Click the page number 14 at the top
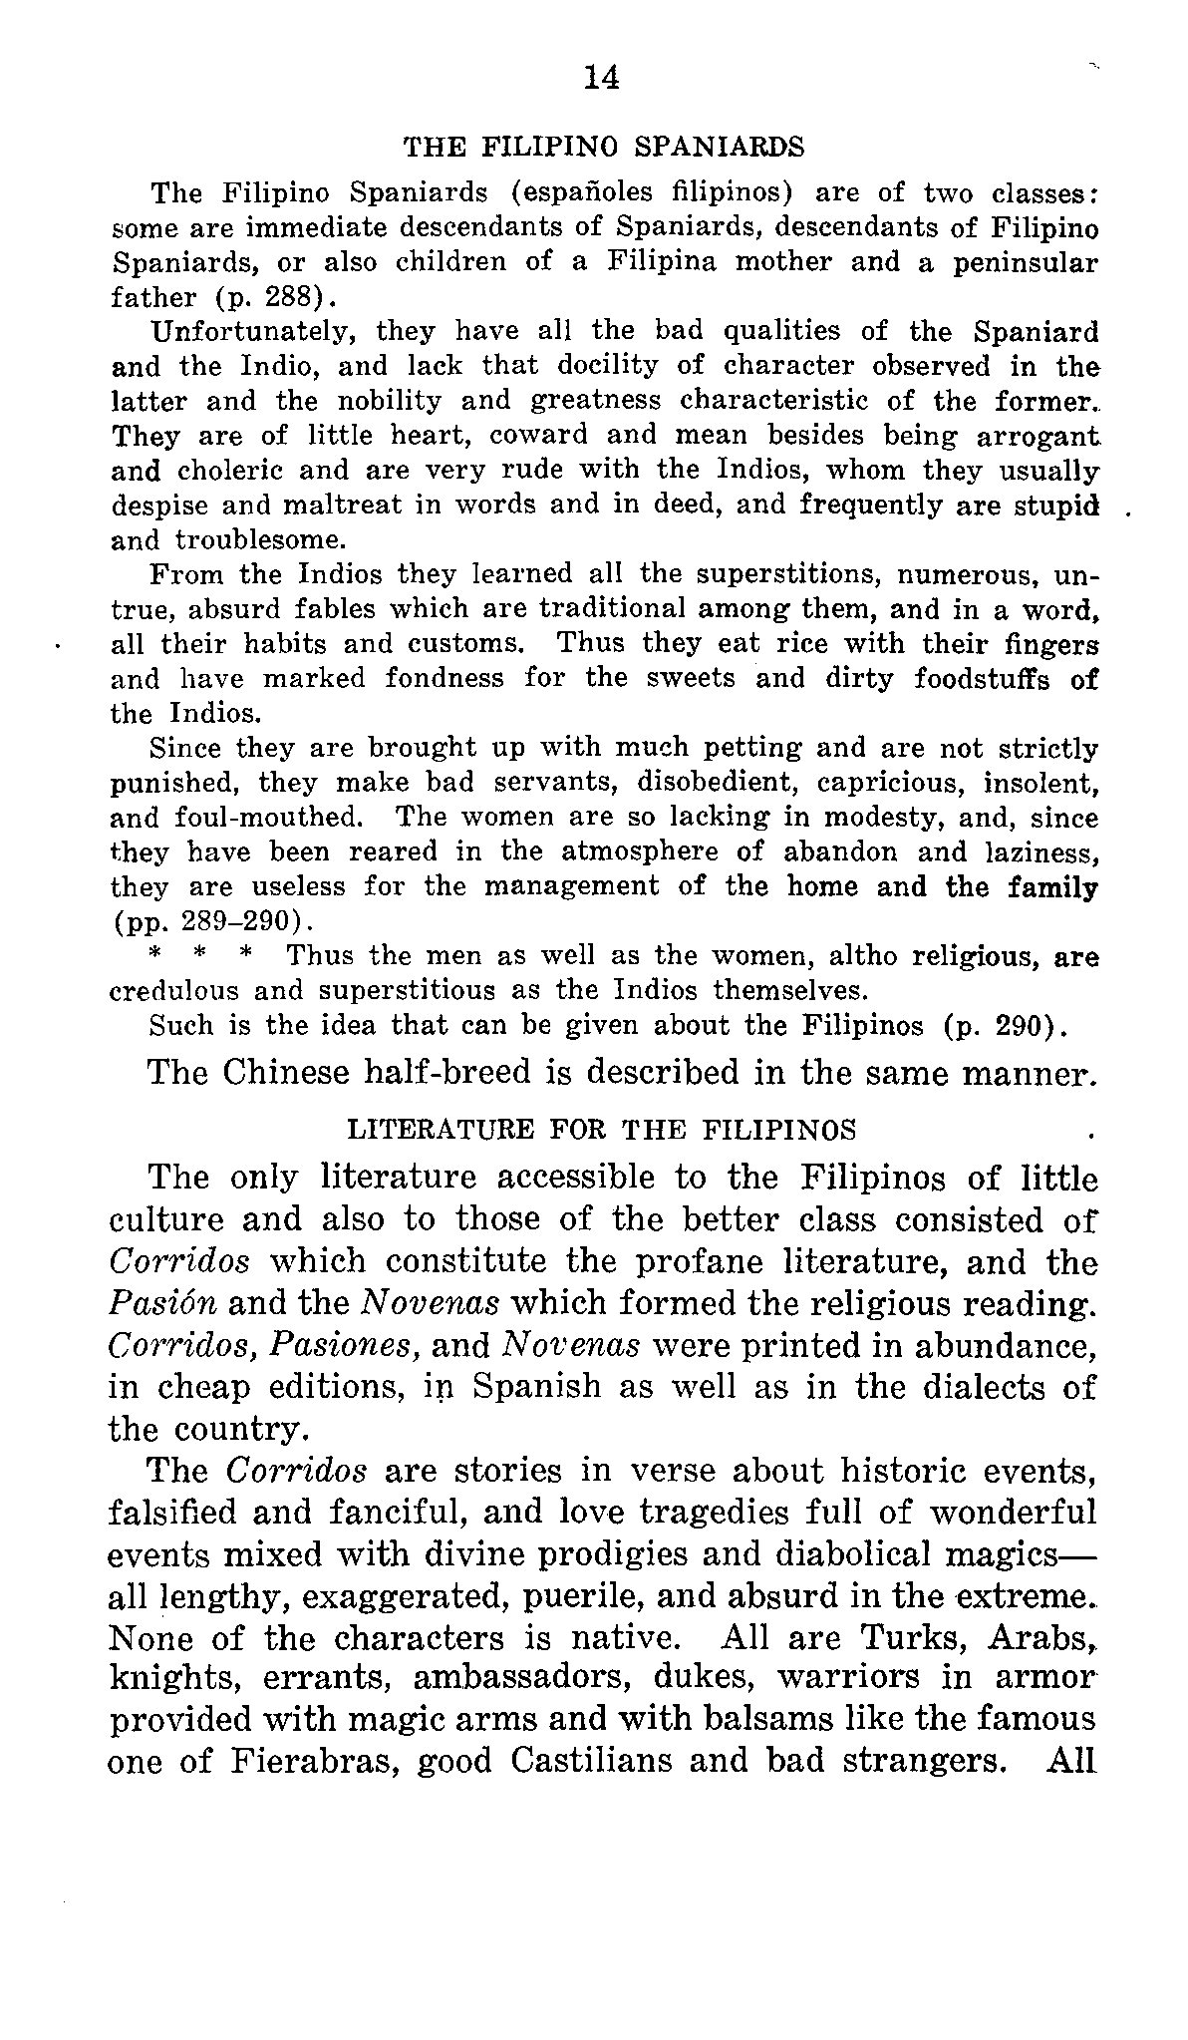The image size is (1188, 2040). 602,77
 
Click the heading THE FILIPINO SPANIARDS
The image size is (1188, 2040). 603,148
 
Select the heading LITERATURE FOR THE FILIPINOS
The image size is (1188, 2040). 600,1130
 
